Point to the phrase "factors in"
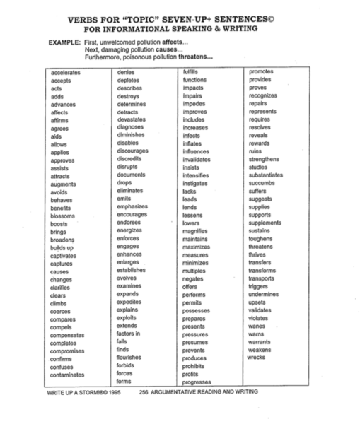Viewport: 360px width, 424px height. (x=129, y=334)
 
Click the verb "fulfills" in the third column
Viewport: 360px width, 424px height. (x=190, y=72)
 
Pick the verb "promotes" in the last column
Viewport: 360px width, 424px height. (x=261, y=72)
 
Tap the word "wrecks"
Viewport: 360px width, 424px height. (x=256, y=358)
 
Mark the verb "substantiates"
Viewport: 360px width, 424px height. (x=266, y=175)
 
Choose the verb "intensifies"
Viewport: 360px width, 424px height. (x=197, y=175)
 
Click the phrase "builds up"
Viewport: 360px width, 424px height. (x=62, y=247)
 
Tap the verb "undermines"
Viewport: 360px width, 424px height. (x=265, y=294)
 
